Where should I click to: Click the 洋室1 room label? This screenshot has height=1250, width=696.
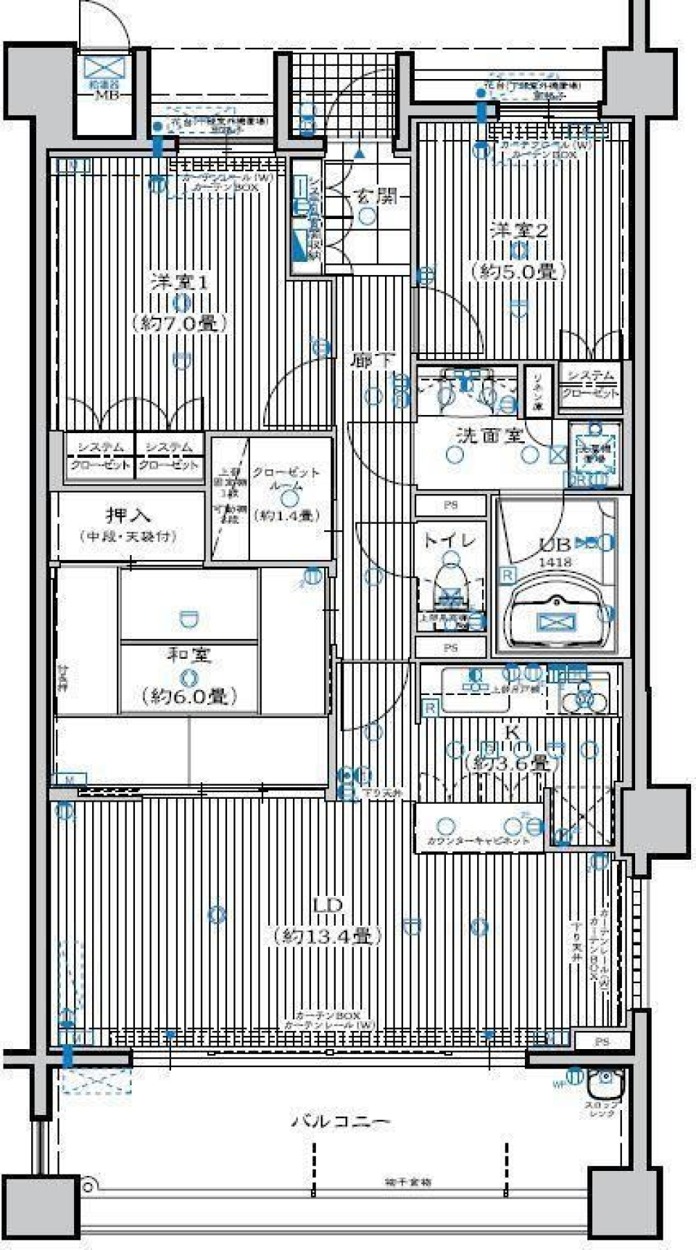(180, 282)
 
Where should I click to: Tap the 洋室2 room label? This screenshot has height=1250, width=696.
(519, 231)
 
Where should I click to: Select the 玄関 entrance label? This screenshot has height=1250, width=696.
(375, 196)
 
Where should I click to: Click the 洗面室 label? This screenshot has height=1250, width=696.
(490, 436)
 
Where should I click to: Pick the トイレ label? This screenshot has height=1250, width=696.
(449, 540)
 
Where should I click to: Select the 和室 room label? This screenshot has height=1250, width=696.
(189, 655)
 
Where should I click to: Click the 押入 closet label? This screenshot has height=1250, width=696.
(128, 516)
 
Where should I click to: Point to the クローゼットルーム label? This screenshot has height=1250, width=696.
(286, 480)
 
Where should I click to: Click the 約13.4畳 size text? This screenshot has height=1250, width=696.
(328, 936)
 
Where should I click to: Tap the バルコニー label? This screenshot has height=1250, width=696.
(341, 1121)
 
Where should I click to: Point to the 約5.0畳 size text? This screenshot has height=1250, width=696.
(519, 272)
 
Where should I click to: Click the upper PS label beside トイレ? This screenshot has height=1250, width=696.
(450, 506)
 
